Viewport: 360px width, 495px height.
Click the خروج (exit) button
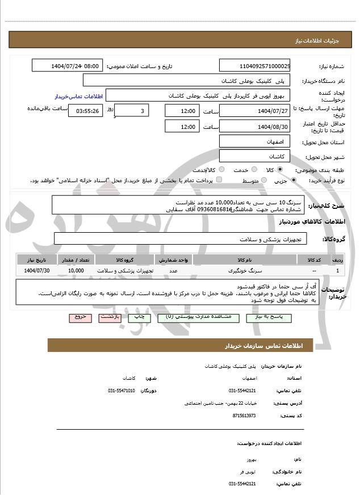click(80, 317)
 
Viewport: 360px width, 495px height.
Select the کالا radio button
click(280, 170)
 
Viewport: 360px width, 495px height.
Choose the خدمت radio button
click(253, 170)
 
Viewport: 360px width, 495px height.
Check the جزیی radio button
click(294, 181)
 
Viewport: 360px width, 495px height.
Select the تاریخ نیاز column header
click(38, 259)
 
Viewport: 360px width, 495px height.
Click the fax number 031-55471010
click(122, 391)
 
